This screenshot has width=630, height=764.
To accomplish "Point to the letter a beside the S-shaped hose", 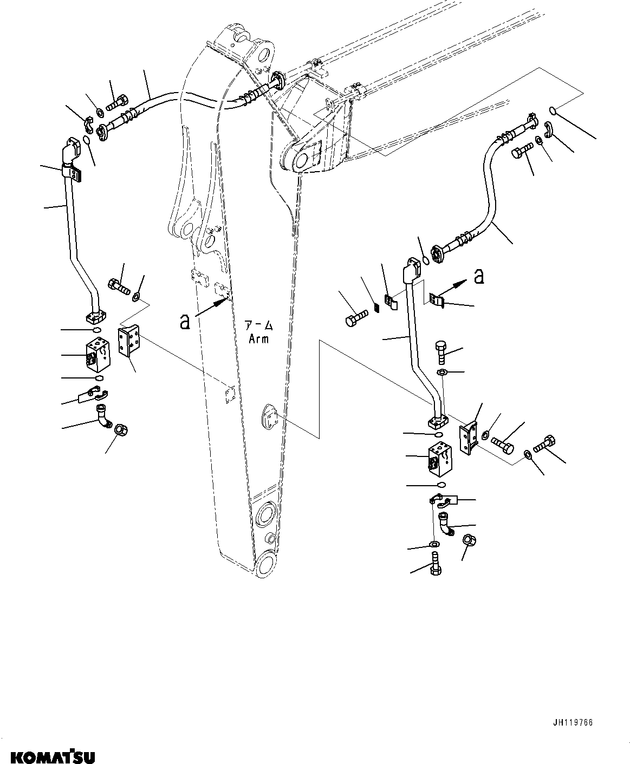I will (x=478, y=276).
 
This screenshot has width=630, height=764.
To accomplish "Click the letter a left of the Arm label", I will (x=185, y=321).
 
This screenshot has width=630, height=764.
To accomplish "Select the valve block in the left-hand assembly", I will (x=98, y=355).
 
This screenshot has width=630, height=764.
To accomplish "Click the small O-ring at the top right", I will (x=553, y=111).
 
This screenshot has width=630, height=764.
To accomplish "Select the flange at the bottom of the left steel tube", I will (x=96, y=316).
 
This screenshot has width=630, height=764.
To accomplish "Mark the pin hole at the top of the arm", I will (x=264, y=55).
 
